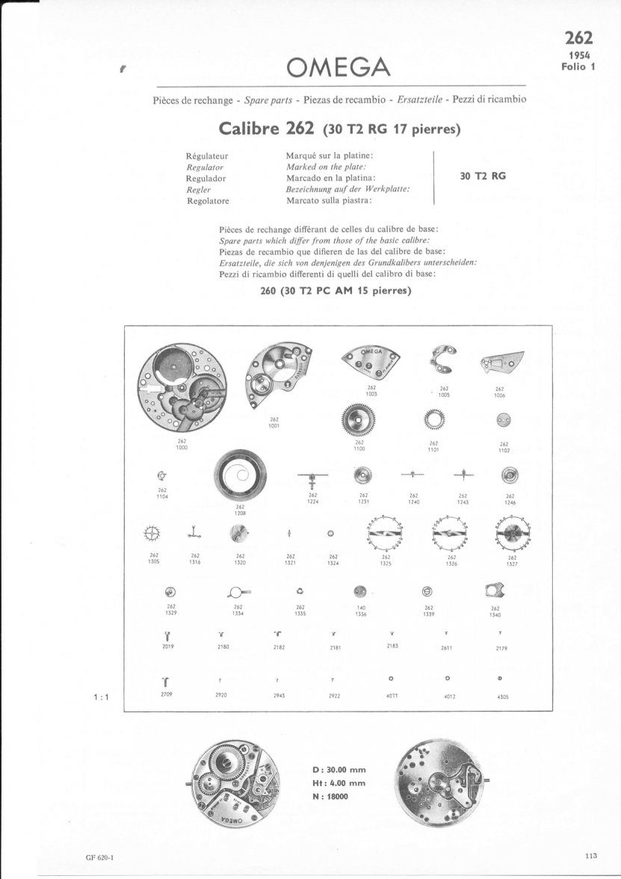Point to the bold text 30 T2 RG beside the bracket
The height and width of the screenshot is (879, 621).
coord(483,176)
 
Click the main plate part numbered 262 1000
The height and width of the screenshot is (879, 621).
coord(182,386)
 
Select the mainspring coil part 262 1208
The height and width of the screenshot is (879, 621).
coord(241,478)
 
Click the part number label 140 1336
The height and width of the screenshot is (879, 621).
coord(361,610)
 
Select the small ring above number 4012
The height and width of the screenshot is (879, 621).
coord(447,679)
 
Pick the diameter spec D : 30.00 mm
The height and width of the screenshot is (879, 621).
coord(340,769)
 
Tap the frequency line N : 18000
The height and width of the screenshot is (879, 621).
coord(331,795)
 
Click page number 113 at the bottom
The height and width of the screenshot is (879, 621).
coord(591,857)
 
